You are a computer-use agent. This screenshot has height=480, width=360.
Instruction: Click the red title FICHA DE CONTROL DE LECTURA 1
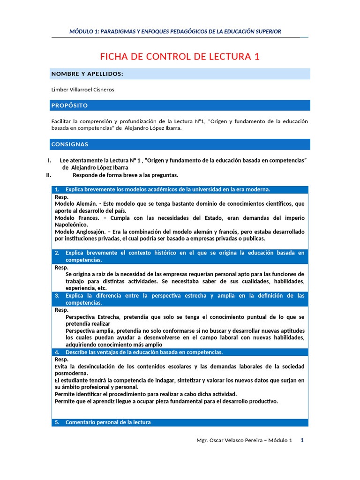180,57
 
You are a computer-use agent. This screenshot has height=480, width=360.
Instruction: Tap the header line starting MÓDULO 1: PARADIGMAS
175,31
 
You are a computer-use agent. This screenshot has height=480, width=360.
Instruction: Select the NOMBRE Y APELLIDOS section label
87,74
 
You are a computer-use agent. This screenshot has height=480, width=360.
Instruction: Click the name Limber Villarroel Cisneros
82,90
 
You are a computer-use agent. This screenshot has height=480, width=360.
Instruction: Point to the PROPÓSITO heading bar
69,105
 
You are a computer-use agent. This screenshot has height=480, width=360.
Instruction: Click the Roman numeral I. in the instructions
50,160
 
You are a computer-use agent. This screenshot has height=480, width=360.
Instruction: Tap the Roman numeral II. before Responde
48,175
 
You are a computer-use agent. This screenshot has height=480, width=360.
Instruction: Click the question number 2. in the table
57,253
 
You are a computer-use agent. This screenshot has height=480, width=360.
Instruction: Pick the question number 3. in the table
57,296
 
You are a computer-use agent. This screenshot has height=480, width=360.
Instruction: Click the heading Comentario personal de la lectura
108,422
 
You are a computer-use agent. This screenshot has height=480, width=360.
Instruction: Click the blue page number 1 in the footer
302,441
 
